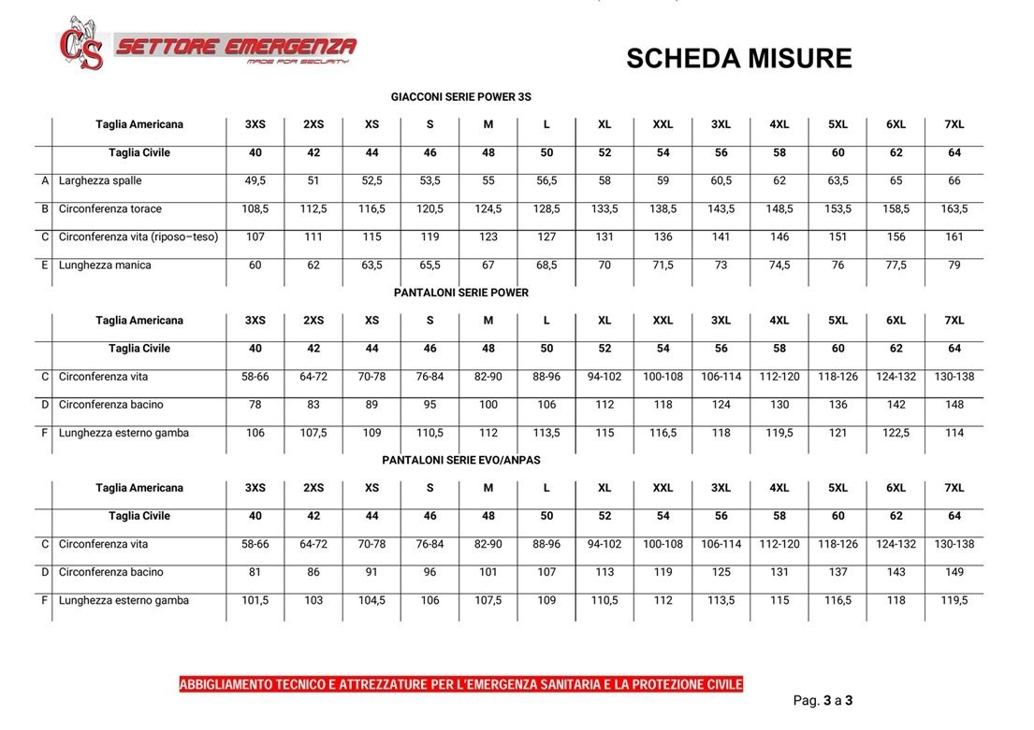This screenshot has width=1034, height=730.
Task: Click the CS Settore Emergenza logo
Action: click(x=207, y=45)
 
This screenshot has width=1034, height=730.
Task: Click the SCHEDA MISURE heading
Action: click(x=738, y=59)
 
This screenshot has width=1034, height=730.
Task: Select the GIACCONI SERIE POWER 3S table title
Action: click(x=461, y=96)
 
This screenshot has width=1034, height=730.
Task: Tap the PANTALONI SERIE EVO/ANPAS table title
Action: click(x=461, y=460)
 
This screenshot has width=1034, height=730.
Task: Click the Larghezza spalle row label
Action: click(x=100, y=180)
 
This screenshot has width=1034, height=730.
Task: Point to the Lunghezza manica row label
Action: click(x=105, y=265)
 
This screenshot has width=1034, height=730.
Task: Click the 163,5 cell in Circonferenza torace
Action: click(x=954, y=208)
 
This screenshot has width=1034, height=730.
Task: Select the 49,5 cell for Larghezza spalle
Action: click(x=255, y=180)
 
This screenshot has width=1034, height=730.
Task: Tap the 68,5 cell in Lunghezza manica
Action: click(x=546, y=265)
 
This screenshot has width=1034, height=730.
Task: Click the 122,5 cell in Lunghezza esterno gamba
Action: click(x=896, y=433)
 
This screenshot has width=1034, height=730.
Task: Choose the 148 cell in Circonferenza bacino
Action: click(x=954, y=405)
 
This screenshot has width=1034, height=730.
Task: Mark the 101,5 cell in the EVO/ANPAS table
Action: click(x=255, y=600)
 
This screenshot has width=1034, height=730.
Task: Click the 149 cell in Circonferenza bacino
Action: click(x=954, y=572)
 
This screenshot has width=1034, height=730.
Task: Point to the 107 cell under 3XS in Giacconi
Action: click(x=255, y=236)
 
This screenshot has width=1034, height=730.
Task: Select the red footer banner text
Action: click(x=460, y=685)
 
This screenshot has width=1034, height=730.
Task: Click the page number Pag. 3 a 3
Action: click(x=823, y=700)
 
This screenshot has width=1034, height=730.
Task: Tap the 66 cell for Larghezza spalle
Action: click(x=954, y=180)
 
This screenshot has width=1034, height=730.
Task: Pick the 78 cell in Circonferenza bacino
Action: click(x=255, y=405)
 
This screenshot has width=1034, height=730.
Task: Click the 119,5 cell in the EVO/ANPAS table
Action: click(x=954, y=600)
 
